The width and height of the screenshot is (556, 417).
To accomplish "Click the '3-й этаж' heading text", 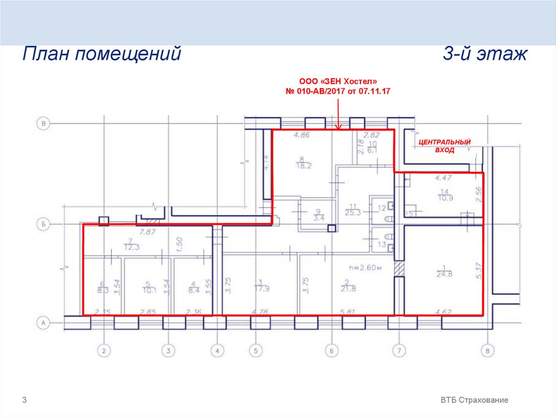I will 485,55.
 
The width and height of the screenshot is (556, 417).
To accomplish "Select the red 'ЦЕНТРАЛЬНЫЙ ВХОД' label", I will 444,146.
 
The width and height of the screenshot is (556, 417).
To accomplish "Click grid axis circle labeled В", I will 43,124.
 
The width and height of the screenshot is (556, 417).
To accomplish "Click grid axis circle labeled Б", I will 43,223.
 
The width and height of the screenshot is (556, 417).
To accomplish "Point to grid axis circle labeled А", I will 43,323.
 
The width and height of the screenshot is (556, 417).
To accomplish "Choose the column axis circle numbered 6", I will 331,351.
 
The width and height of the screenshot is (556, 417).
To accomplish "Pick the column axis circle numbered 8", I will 487,351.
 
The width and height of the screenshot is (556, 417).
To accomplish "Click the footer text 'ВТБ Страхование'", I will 475,400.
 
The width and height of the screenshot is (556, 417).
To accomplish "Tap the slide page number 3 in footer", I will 24,400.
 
